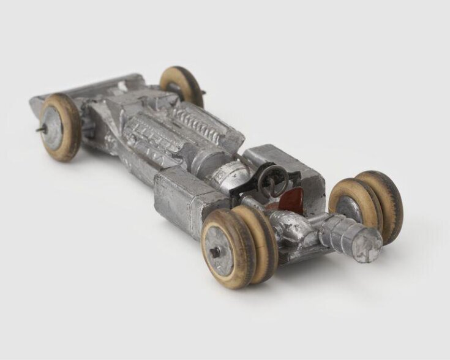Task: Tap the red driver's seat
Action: point(293,199)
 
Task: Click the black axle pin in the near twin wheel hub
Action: point(216,252)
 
